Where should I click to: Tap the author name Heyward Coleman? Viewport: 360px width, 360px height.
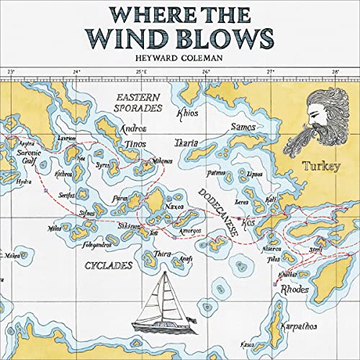(x=179, y=56)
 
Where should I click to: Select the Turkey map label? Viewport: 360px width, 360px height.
(x=321, y=166)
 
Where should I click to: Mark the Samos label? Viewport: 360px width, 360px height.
(x=243, y=127)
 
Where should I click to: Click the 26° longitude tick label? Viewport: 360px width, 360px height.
(x=206, y=73)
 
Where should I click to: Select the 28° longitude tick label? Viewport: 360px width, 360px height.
(x=336, y=73)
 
